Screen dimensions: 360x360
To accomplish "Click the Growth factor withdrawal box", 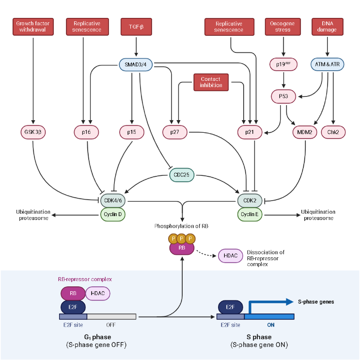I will pyautogui.click(x=33, y=27).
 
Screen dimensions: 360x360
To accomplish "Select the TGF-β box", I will pyautogui.click(x=136, y=27).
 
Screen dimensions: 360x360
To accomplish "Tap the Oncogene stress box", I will pyautogui.click(x=282, y=27).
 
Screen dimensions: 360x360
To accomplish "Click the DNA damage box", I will pyautogui.click(x=328, y=27).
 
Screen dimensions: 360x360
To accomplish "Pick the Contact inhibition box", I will pyautogui.click(x=210, y=82).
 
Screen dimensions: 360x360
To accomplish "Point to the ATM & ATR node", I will pyautogui.click(x=328, y=64).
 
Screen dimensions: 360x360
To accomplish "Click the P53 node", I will pyautogui.click(x=283, y=97).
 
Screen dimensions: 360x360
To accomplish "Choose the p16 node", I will pyautogui.click(x=87, y=132).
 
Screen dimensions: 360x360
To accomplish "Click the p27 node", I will pyautogui.click(x=174, y=132).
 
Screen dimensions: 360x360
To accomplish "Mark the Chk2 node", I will pyautogui.click(x=333, y=132).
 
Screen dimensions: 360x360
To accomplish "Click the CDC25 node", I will pyautogui.click(x=181, y=175).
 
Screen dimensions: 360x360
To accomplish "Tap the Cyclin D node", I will pyautogui.click(x=113, y=214).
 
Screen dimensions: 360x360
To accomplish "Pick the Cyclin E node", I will pyautogui.click(x=250, y=214).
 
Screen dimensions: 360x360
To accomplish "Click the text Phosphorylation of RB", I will pyautogui.click(x=181, y=226).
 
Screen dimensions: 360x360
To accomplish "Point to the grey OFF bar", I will pyautogui.click(x=112, y=316).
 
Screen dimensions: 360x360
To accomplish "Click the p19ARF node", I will pyautogui.click(x=282, y=64).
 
